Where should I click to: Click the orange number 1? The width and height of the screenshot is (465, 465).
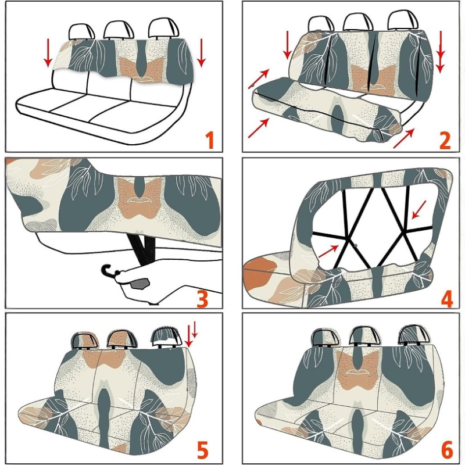pyautogui.click(x=210, y=140)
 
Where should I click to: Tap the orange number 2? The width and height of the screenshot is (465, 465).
pyautogui.click(x=445, y=140)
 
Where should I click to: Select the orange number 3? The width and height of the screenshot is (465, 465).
pyautogui.click(x=202, y=298)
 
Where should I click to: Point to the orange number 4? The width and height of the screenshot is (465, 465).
pyautogui.click(x=447, y=298)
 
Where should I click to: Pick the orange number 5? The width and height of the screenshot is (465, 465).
pyautogui.click(x=202, y=449)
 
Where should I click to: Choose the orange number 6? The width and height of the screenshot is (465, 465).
pyautogui.click(x=447, y=449)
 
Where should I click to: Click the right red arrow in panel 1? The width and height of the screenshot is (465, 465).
pyautogui.click(x=201, y=53)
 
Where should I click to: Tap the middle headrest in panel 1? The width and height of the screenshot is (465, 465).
pyautogui.click(x=119, y=31)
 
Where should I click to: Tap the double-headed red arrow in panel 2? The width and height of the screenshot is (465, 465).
pyautogui.click(x=441, y=52)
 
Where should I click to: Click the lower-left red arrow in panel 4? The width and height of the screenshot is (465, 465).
pyautogui.click(x=328, y=251)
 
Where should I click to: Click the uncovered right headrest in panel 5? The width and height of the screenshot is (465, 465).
pyautogui.click(x=167, y=338)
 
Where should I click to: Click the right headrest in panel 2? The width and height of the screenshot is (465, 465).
pyautogui.click(x=403, y=21)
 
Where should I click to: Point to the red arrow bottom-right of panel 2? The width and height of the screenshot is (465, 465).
pyautogui.click(x=403, y=138)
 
